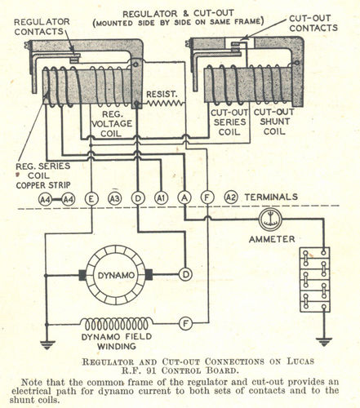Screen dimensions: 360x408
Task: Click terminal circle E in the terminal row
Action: pos(91,198)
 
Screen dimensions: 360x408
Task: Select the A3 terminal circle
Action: pos(114,198)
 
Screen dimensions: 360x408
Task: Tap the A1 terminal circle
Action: pos(162,198)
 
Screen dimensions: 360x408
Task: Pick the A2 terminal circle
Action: pos(231,197)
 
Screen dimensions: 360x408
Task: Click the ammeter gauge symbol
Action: pos(270,220)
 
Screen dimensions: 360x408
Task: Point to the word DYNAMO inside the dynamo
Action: pos(116,275)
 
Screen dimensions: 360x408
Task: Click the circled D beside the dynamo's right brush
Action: pos(185,275)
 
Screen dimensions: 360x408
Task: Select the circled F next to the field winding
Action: pos(185,324)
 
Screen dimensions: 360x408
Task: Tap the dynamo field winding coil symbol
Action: pos(117,324)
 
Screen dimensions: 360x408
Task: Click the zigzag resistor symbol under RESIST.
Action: pos(165,103)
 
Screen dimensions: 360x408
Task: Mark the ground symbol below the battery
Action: pos(324,342)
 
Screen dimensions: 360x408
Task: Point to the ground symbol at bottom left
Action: pos(47,345)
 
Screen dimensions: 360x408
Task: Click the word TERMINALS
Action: pos(271,197)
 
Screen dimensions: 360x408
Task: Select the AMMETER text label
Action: pos(272,239)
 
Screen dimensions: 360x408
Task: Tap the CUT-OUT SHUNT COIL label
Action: pos(274,122)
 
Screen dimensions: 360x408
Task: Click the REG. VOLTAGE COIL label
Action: pos(112,124)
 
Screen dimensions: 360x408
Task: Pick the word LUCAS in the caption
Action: pos(300,361)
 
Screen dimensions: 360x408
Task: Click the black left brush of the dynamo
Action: pos(82,275)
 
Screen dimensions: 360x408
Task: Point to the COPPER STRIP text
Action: pos(43,185)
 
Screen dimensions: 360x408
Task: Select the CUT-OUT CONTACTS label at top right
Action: pos(313,23)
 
